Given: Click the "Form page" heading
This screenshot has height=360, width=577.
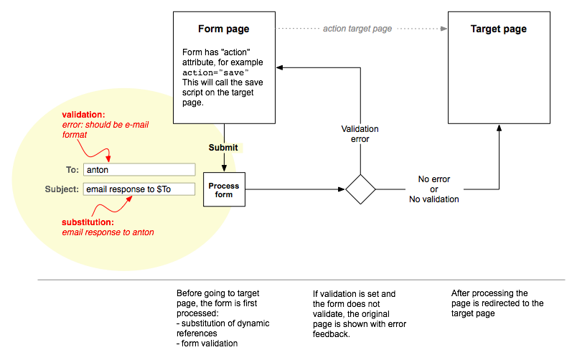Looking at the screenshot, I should [224, 29].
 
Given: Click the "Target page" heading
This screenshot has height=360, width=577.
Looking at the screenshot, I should [498, 29].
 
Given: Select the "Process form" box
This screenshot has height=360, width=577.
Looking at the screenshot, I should [223, 190].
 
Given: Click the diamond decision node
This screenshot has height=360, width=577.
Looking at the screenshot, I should [360, 190].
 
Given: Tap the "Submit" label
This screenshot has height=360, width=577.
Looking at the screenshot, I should [223, 148].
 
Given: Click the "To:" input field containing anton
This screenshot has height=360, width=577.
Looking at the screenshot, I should [139, 170].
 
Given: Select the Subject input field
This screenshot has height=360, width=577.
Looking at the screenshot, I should [139, 189].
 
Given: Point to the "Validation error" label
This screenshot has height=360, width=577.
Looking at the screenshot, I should [360, 134].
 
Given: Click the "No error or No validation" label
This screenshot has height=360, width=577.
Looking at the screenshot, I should [434, 189].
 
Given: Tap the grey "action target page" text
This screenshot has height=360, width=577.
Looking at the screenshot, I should [357, 29].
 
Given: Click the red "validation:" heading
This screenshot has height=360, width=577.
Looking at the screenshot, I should [84, 114].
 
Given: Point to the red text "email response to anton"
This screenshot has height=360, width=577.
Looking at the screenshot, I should [108, 232].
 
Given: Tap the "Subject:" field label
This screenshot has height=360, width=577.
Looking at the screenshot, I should [62, 189].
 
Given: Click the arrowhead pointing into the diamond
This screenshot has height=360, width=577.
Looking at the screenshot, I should [342, 190].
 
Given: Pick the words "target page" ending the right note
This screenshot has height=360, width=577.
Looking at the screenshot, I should [476, 313].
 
